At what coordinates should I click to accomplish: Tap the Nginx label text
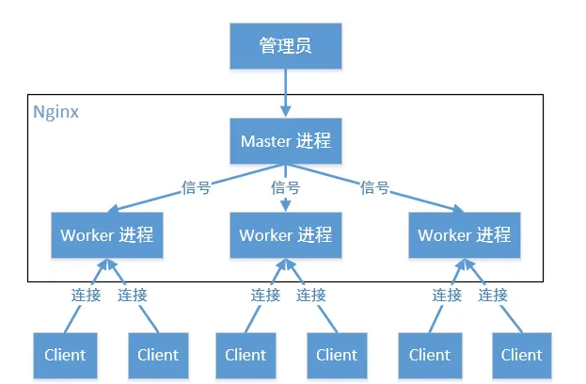[x=55, y=111]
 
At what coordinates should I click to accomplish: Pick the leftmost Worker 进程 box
[x=107, y=234]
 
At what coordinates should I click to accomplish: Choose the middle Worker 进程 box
[x=285, y=234]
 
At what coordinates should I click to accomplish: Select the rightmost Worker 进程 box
[x=464, y=234]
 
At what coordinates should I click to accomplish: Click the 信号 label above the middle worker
[x=285, y=187]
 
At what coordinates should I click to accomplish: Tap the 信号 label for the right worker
[x=375, y=187]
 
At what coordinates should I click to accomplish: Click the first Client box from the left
[x=65, y=355]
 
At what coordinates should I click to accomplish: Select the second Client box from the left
[x=158, y=355]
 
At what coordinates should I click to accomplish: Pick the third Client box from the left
[x=245, y=355]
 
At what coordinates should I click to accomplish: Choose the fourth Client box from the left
[x=337, y=355]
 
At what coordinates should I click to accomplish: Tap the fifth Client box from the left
[x=430, y=355]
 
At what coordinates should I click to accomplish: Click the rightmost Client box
[x=521, y=355]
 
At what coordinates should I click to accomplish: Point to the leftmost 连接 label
[x=86, y=295]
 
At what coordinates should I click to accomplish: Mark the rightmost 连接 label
[x=493, y=295]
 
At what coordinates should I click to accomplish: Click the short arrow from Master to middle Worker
[x=285, y=202]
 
